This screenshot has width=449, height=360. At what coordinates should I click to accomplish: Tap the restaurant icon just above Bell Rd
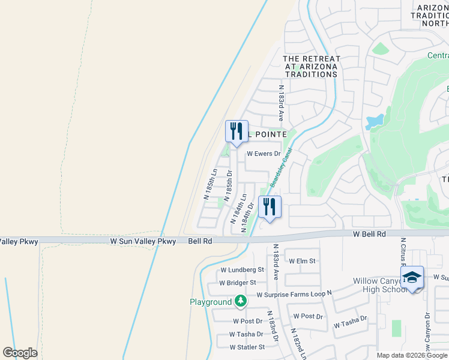(x=270, y=207)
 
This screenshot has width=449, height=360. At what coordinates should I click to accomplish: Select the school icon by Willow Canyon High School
(x=412, y=278)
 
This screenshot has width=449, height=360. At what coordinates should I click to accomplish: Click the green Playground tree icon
(x=240, y=301)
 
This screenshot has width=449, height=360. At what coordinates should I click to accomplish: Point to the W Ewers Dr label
(x=264, y=154)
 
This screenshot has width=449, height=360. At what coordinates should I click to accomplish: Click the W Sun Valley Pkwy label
(x=143, y=241)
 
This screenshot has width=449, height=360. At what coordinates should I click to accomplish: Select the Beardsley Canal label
(x=280, y=169)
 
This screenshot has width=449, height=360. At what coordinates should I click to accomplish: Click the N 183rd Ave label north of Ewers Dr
(x=280, y=100)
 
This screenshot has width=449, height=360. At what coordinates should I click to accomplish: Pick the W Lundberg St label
(x=243, y=271)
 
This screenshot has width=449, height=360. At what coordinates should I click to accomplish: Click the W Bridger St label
(x=238, y=283)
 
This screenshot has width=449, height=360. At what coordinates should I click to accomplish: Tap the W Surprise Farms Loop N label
(x=294, y=295)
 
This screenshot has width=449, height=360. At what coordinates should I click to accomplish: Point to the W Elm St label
(x=302, y=261)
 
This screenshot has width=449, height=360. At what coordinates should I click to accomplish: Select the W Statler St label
(x=247, y=347)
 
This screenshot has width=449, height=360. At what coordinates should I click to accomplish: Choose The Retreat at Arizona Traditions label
(x=312, y=67)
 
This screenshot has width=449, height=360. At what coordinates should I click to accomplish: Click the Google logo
(x=20, y=353)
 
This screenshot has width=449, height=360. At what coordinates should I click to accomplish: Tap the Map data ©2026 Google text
(x=412, y=355)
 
